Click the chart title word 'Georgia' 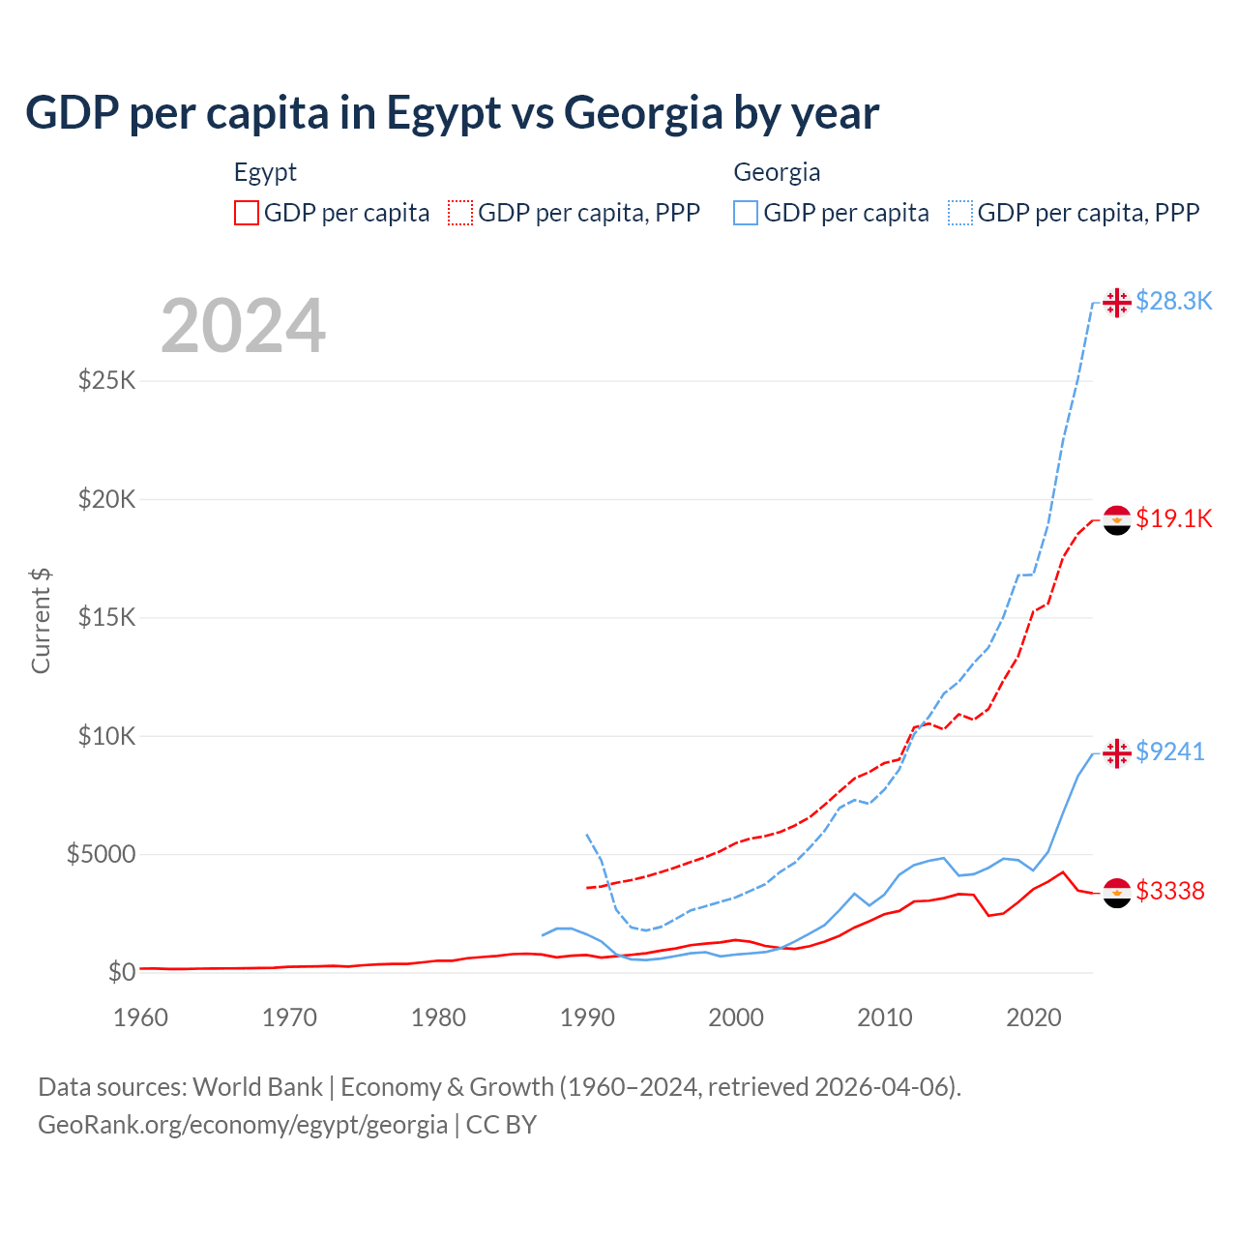(x=643, y=114)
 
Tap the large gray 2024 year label (x=243, y=327)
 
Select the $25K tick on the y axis (x=106, y=380)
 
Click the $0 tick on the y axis (x=121, y=972)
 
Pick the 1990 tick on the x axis (x=587, y=1017)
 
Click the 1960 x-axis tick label (x=141, y=1017)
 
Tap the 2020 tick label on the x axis (x=1034, y=1017)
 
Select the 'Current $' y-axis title (x=41, y=621)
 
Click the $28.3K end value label (x=1173, y=302)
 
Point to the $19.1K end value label (x=1173, y=519)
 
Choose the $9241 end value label (x=1169, y=752)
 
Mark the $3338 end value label (x=1169, y=891)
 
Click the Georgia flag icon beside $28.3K (x=1117, y=303)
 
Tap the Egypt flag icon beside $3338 (x=1117, y=892)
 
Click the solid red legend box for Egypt (x=247, y=213)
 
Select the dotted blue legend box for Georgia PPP (x=960, y=213)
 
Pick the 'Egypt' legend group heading (x=265, y=172)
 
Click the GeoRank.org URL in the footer (x=243, y=1125)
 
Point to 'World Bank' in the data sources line (x=257, y=1087)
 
